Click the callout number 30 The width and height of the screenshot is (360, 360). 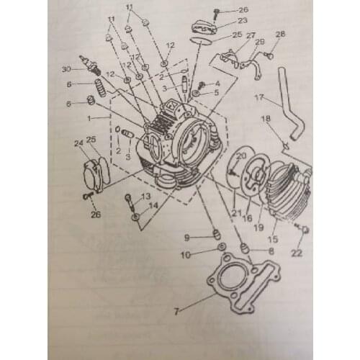point(66,69)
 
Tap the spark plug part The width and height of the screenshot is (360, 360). point(89,64)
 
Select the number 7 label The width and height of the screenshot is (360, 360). point(176,312)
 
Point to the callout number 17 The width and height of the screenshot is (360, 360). point(259,98)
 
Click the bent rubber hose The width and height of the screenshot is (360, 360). point(291,104)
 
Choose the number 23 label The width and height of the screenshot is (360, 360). point(242,21)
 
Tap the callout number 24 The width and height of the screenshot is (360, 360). point(78,143)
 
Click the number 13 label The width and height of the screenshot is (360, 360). point(145,197)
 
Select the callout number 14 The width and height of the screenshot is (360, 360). point(153,205)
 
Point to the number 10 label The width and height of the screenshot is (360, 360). point(186,256)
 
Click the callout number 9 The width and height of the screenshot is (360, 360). point(186,238)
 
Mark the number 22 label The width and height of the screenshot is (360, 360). point(297,253)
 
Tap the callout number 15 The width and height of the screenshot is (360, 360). point(273,239)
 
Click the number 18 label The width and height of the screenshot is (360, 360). point(266,119)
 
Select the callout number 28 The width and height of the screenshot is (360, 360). point(280,34)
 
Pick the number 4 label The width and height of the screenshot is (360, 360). point(217,84)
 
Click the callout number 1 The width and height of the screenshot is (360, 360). point(89,118)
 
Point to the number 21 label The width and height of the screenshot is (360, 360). point(236,212)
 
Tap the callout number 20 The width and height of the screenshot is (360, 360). point(241,156)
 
